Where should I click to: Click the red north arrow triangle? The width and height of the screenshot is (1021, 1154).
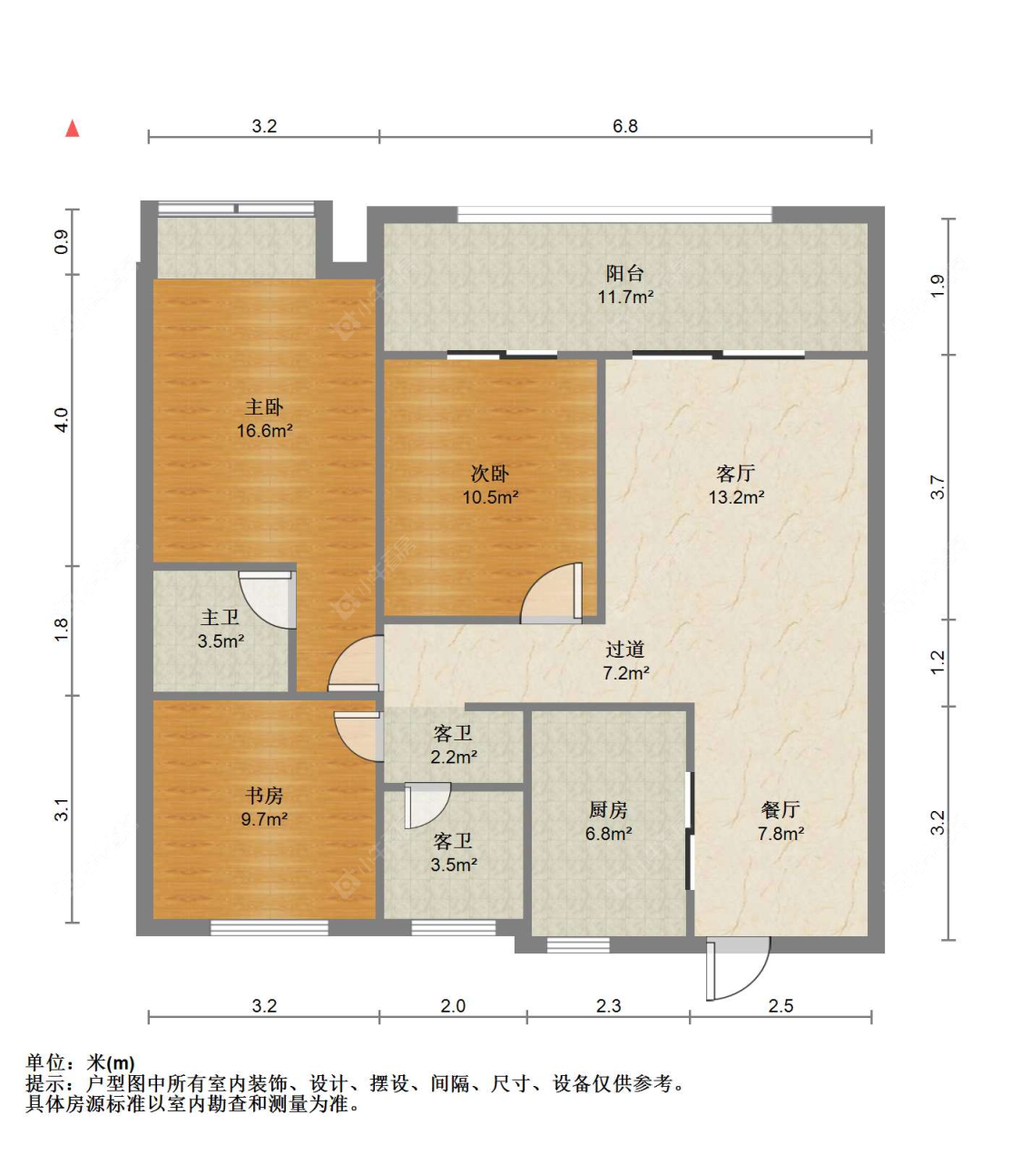[73, 128]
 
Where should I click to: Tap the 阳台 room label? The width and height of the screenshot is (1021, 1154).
[624, 273]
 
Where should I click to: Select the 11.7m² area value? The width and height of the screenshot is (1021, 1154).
[624, 297]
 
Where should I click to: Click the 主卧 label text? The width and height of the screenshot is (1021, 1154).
[264, 407]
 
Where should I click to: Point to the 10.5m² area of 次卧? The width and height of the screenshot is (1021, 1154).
[490, 497]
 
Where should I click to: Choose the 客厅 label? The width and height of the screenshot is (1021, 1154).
[735, 474]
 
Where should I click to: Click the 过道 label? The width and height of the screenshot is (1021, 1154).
[624, 650]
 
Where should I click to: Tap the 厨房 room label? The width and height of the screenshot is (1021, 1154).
[608, 809]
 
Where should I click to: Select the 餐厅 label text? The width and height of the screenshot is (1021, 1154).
[780, 809]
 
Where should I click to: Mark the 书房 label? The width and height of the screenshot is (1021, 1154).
[264, 796]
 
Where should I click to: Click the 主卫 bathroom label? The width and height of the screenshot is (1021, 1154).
[220, 618]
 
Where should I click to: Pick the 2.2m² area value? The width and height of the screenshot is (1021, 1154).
[453, 757]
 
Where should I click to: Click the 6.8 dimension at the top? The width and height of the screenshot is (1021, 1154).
[624, 126]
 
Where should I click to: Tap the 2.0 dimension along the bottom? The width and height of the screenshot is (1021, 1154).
[453, 1005]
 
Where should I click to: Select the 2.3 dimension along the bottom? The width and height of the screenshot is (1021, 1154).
[608, 1005]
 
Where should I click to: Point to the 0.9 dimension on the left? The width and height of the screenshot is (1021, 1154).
[62, 241]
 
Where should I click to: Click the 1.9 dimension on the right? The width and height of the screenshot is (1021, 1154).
[938, 286]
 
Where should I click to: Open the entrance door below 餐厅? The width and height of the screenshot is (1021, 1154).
[737, 969]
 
